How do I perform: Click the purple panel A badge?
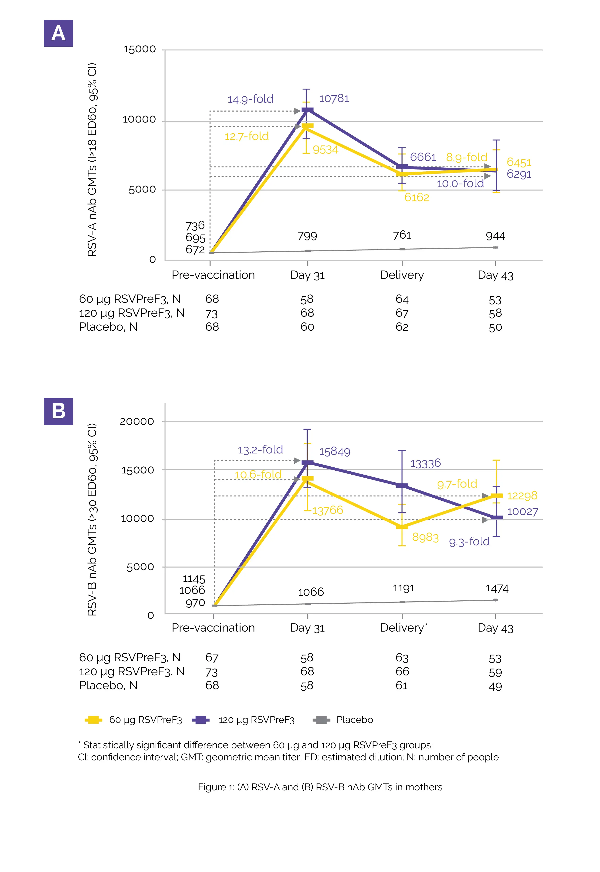[58, 33]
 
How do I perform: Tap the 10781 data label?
[334, 99]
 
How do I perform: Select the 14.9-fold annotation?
[250, 99]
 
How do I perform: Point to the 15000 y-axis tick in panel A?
[140, 49]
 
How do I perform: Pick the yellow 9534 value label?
[325, 150]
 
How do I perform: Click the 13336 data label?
[425, 463]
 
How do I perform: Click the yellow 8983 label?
[425, 537]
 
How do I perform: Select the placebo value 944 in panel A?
[495, 236]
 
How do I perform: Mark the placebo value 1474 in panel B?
[497, 589]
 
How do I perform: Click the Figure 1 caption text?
[320, 787]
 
